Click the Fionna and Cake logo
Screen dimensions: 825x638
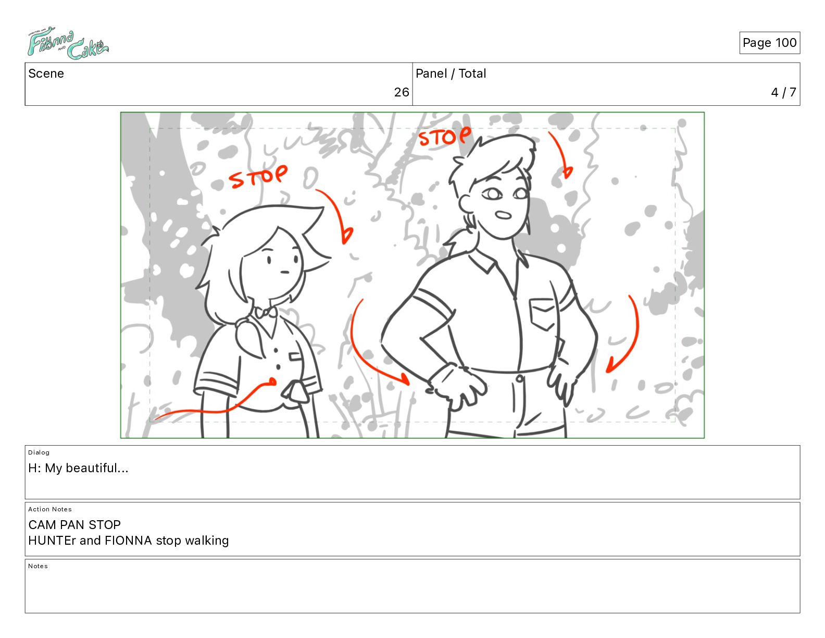click(68, 43)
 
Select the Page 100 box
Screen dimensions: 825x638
click(770, 43)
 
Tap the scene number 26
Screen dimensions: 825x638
click(401, 92)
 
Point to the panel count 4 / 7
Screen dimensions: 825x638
click(783, 92)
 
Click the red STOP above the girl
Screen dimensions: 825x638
click(258, 176)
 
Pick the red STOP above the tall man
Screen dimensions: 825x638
click(445, 136)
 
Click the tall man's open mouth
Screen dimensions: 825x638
click(504, 215)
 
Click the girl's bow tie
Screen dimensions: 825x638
click(266, 312)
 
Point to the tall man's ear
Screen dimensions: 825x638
click(466, 204)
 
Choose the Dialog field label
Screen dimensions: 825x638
click(39, 452)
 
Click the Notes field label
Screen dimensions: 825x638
click(38, 566)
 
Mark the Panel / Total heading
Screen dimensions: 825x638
click(451, 73)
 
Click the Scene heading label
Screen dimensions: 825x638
click(46, 73)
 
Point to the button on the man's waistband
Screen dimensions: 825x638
click(519, 378)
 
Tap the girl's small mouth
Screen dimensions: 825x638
click(285, 272)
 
